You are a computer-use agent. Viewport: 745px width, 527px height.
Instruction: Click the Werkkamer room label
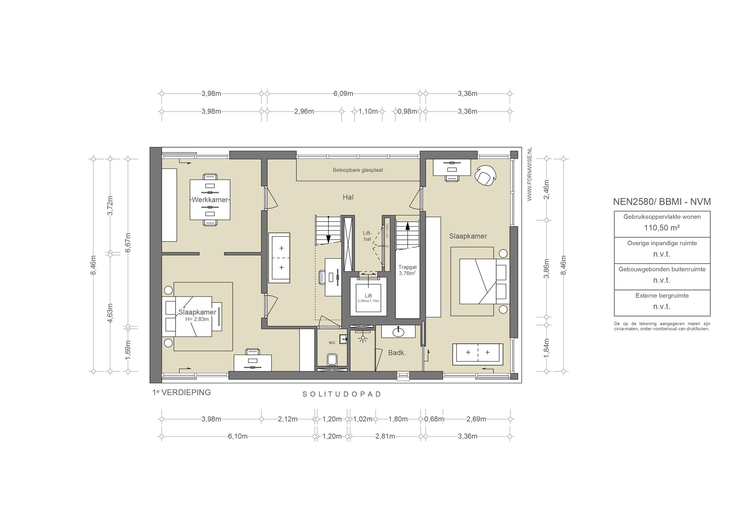tap(210, 200)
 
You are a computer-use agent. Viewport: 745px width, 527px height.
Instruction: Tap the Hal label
tap(348, 197)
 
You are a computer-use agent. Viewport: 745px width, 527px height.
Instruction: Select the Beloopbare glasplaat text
tap(358, 170)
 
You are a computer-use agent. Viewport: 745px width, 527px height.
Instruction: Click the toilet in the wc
tap(332, 359)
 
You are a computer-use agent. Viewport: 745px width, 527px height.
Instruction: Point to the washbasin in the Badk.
tap(398, 332)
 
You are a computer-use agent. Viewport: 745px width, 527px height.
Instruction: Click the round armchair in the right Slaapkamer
tap(485, 175)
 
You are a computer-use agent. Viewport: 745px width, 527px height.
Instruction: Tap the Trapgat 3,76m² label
tap(407, 270)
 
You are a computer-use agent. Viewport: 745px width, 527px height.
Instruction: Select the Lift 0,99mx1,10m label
tap(368, 298)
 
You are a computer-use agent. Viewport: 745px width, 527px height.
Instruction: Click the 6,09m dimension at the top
tap(343, 94)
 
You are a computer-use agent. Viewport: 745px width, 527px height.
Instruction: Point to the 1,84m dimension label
tap(546, 348)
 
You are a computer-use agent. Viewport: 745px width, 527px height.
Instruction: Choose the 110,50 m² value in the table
tap(662, 228)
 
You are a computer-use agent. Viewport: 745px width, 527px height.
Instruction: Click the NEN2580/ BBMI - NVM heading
tap(662, 202)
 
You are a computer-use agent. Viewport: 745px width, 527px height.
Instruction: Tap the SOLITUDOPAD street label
tap(342, 394)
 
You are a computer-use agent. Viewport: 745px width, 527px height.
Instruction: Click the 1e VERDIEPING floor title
tap(182, 392)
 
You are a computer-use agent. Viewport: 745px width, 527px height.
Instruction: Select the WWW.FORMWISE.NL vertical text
tap(529, 174)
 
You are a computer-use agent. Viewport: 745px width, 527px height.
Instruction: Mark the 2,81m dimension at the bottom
tap(385, 436)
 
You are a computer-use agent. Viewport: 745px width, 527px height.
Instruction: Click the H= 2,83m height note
tap(197, 319)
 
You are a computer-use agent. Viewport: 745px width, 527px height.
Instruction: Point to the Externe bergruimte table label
tap(662, 296)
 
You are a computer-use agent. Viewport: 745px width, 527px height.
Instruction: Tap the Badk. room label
tap(397, 353)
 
